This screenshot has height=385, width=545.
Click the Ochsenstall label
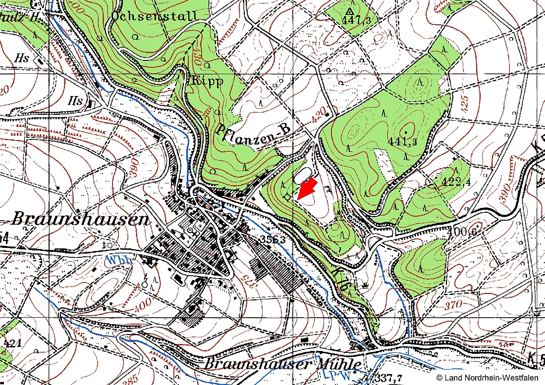(x=155, y=16)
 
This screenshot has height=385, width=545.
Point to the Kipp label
(x=207, y=81)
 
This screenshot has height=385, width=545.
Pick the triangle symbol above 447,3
(x=350, y=11)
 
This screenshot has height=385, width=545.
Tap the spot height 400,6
(x=457, y=231)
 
